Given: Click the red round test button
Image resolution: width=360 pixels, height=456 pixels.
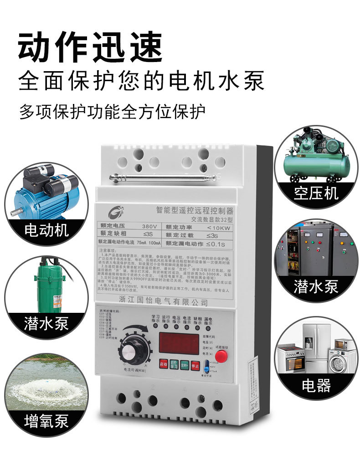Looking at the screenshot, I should click(x=221, y=355).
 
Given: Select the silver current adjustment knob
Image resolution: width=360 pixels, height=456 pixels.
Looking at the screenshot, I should click(x=133, y=352).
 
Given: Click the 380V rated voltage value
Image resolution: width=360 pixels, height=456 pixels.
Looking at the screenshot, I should click(x=149, y=226).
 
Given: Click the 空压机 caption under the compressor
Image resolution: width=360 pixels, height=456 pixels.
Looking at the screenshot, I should click(x=316, y=193).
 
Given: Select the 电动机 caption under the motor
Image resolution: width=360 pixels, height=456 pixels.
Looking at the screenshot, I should click(x=46, y=229).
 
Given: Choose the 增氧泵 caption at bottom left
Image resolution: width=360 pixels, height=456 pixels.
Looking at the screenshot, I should click(x=46, y=420).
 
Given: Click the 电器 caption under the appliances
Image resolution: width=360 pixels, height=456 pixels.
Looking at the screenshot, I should click(x=316, y=385).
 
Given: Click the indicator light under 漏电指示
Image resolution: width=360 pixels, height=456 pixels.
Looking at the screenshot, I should click(x=207, y=327).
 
